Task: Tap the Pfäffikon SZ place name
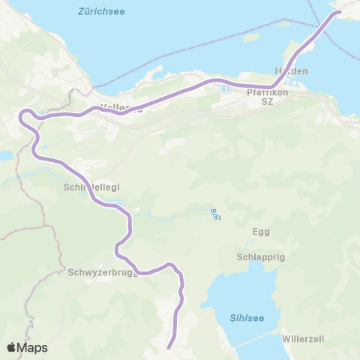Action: click(262, 97)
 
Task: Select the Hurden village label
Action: click(292, 70)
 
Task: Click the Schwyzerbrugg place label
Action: click(101, 273)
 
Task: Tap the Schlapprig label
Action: click(260, 256)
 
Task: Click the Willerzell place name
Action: click(303, 339)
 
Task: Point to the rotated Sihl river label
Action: click(214, 213)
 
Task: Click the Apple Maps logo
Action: click(27, 347)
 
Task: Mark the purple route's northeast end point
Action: click(338, 12)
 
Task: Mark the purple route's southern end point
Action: click(169, 346)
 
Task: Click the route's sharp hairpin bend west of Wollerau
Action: click(25, 115)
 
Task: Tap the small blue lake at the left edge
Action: click(4, 155)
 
